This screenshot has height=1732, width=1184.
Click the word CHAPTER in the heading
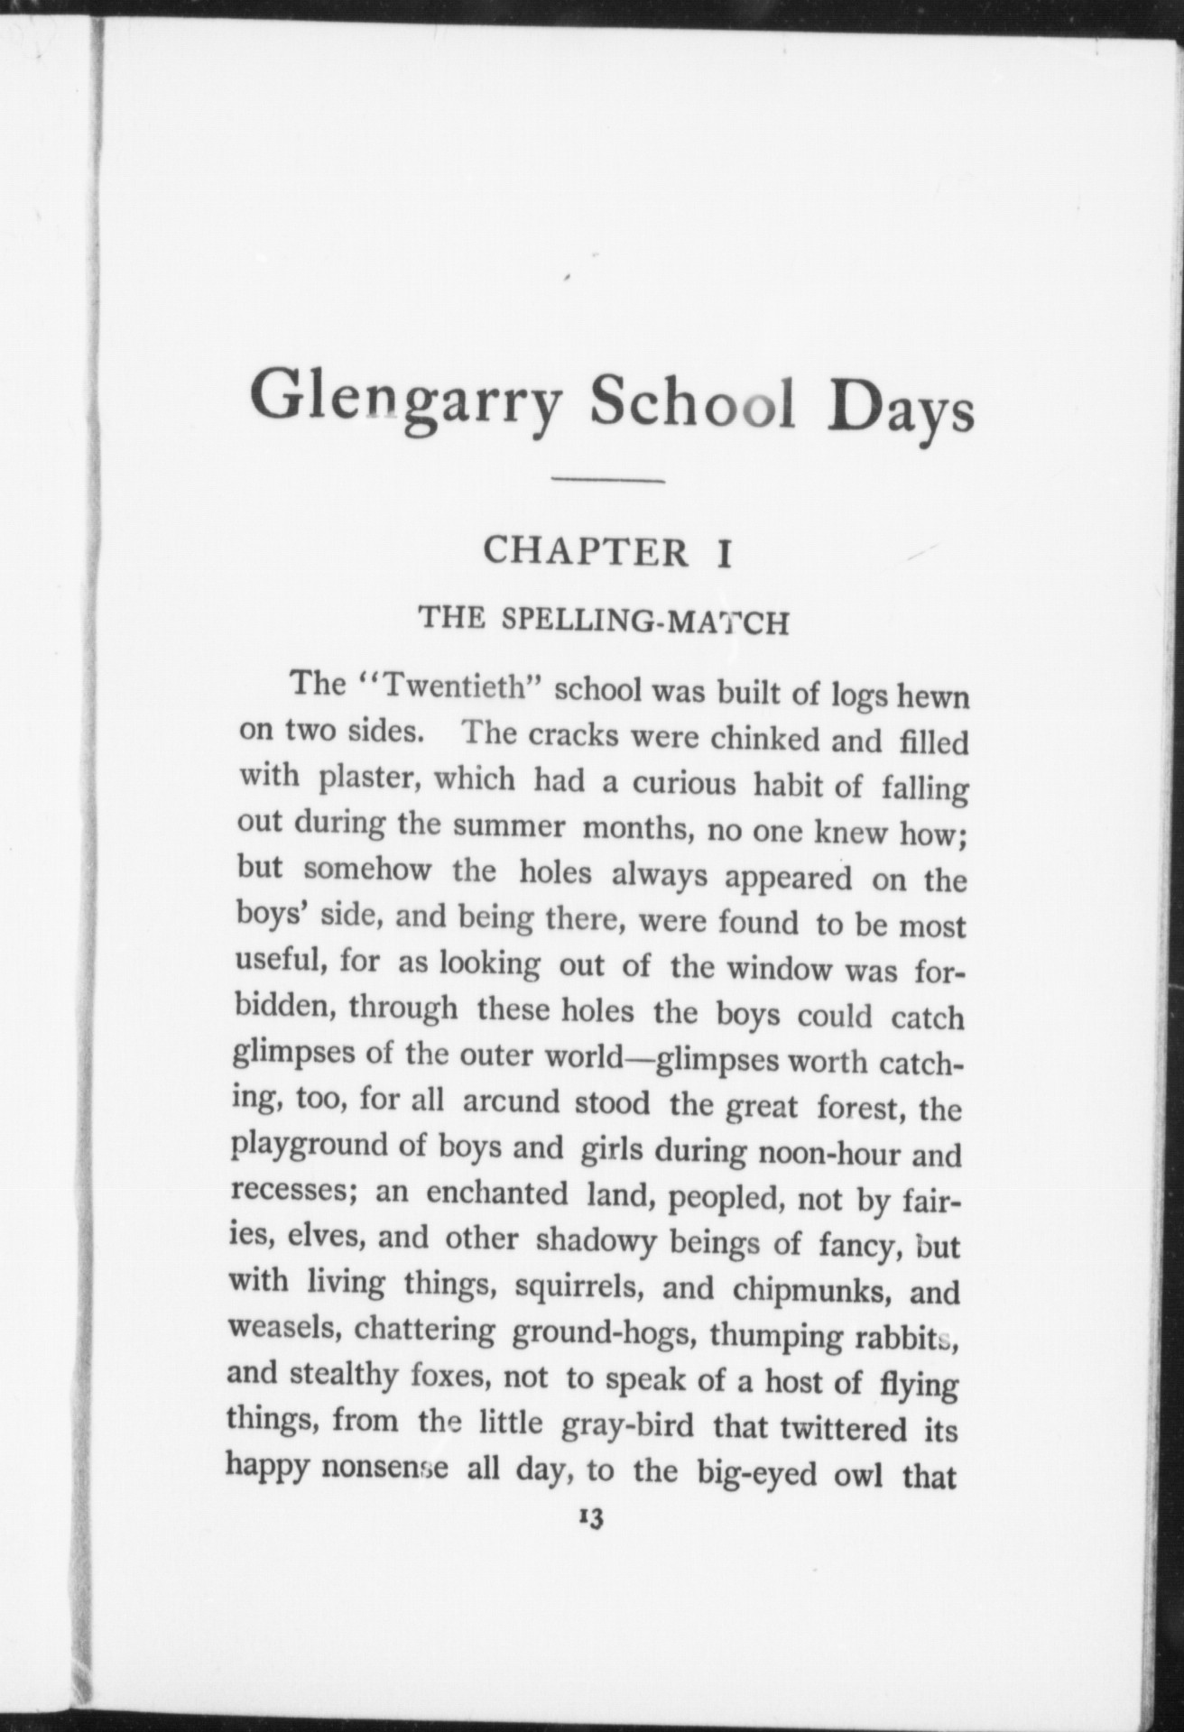587,552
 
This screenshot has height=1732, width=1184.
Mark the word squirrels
579,1285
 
